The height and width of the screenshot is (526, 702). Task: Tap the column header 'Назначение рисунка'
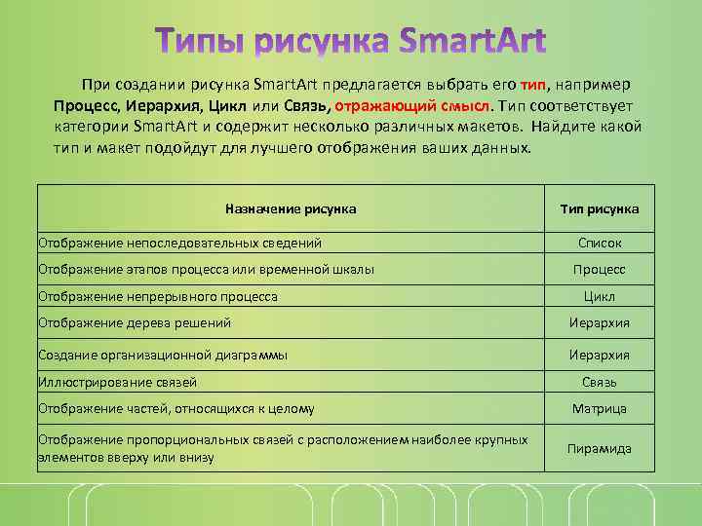(x=291, y=208)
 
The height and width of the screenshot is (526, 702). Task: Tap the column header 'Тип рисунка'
(x=600, y=208)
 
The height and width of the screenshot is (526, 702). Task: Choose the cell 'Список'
(x=600, y=243)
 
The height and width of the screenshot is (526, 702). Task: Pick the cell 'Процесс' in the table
(x=600, y=269)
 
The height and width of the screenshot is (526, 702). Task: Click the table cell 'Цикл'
(x=600, y=296)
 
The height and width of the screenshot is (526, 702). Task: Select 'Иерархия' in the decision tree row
(x=600, y=322)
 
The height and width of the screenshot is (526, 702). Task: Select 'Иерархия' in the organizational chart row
(x=600, y=355)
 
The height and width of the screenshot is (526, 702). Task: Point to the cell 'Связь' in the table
(x=600, y=382)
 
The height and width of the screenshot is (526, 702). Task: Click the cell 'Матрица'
(x=600, y=408)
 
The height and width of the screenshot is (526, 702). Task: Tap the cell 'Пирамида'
(x=600, y=448)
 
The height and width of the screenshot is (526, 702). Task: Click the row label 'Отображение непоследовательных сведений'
(x=179, y=243)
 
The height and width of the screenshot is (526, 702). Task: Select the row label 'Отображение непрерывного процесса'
(x=158, y=296)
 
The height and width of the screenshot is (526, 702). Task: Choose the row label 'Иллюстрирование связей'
(x=117, y=382)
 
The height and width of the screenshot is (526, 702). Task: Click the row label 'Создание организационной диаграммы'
(x=162, y=355)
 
